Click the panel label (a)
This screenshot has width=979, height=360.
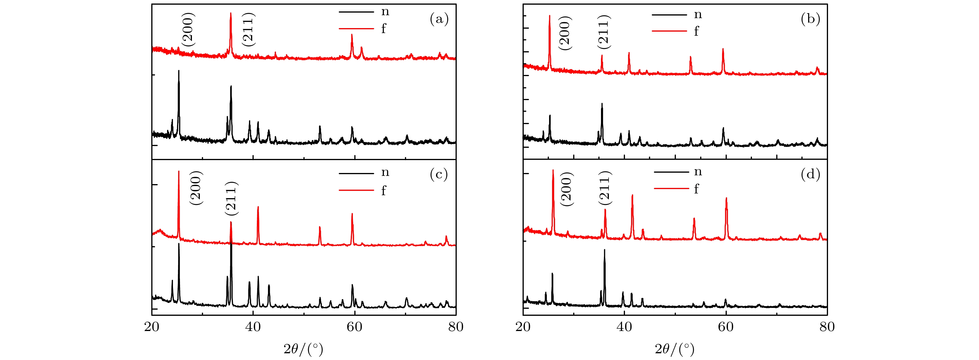click(439, 19)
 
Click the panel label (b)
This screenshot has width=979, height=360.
click(810, 19)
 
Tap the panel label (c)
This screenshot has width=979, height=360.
click(439, 174)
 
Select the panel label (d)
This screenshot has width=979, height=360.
click(810, 174)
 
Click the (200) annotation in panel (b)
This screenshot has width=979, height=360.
click(564, 33)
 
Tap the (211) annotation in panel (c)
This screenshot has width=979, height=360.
click(231, 198)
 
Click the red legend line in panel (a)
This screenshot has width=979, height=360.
click(356, 28)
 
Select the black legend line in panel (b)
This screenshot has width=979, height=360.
click(669, 15)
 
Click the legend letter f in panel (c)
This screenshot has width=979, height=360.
click(384, 191)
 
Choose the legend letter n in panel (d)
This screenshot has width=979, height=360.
click(698, 172)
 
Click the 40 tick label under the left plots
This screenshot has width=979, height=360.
click(253, 327)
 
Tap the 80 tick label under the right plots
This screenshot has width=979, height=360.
click(827, 327)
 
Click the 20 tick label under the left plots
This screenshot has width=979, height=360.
click(152, 327)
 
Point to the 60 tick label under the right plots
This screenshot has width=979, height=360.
click(726, 327)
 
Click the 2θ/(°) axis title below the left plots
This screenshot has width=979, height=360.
click(303, 349)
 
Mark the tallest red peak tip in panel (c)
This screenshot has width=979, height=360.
click(178, 172)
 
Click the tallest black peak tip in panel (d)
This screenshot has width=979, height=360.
click(604, 250)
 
